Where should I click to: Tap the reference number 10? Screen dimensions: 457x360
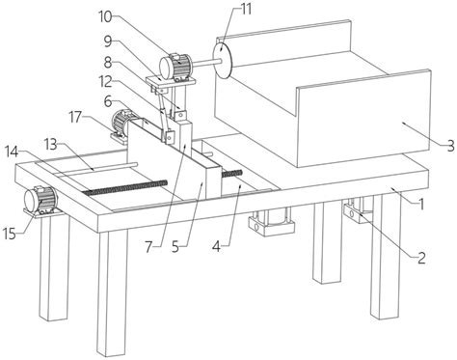coord(105,16)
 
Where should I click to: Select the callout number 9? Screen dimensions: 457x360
coord(108,41)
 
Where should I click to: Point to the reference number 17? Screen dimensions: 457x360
coord(76,118)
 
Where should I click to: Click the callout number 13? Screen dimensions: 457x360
coord(50,145)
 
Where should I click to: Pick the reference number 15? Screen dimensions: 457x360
coord(10,234)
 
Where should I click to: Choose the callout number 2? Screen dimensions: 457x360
coord(421,258)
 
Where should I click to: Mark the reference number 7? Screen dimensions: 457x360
coord(148,247)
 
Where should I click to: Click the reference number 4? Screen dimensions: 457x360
coord(217,247)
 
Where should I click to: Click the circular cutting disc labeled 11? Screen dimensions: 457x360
coord(223,60)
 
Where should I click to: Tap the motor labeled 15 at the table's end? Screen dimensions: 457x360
coord(40,200)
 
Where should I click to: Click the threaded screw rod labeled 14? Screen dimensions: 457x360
coord(125,187)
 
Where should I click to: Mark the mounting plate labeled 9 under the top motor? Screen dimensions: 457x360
coord(171,81)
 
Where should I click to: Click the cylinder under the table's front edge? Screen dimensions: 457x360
coord(272,221)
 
